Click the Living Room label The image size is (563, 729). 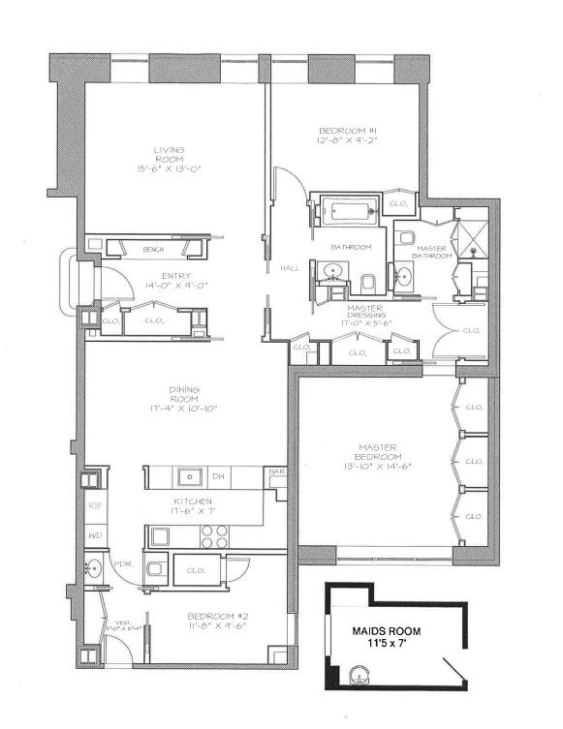click(x=169, y=155)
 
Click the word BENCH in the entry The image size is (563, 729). click(x=151, y=249)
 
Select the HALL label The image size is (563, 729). click(x=289, y=268)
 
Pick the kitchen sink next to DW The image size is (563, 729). click(x=190, y=476)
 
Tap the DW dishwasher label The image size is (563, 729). click(x=219, y=476)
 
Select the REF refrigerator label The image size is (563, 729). click(x=95, y=504)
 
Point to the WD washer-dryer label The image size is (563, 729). click(x=95, y=534)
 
